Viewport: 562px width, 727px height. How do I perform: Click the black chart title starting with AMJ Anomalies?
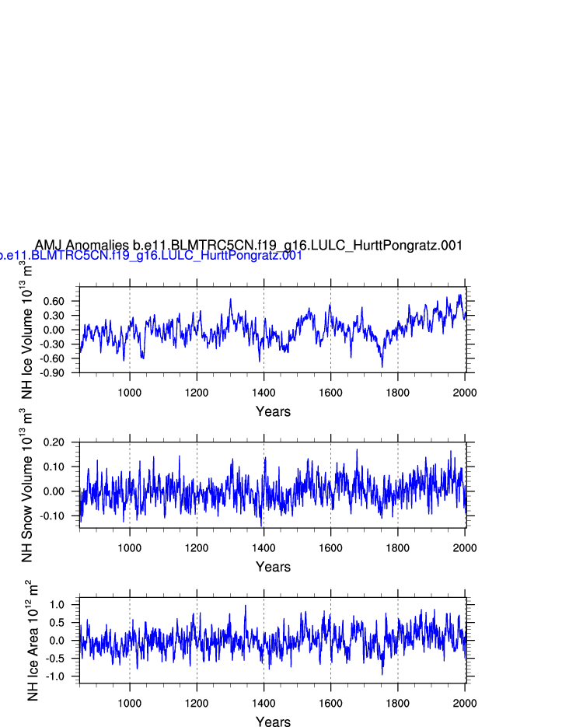click(x=249, y=246)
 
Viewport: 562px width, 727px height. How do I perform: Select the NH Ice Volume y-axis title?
click(x=26, y=330)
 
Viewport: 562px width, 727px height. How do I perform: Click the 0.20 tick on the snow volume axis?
click(x=64, y=442)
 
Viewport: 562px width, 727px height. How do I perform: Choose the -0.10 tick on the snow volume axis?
click(x=62, y=516)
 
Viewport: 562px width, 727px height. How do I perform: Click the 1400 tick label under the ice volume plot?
click(x=264, y=392)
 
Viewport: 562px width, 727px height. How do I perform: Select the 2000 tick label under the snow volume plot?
click(x=465, y=547)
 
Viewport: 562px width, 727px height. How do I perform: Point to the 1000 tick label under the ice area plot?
click(x=130, y=703)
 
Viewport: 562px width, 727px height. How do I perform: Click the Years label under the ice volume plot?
click(x=273, y=412)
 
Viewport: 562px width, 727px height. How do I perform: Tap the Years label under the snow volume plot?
click(x=273, y=568)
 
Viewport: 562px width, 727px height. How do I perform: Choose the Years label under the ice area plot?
click(x=273, y=722)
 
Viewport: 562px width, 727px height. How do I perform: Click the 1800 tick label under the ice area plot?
click(x=398, y=703)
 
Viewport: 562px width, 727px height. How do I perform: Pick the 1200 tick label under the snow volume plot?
click(x=197, y=547)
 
